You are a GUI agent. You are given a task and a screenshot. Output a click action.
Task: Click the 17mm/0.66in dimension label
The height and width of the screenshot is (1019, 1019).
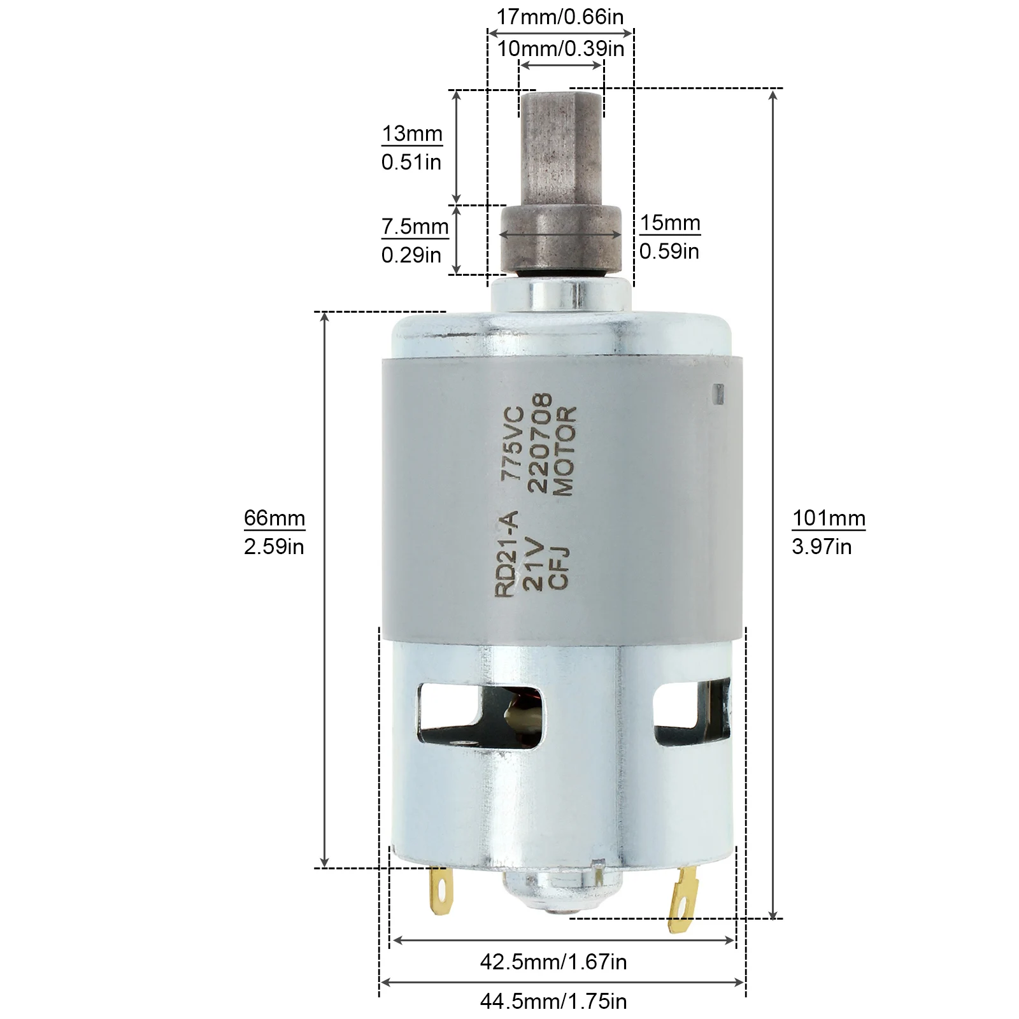560,17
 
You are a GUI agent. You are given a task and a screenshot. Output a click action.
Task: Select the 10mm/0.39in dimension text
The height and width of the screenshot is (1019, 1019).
560,48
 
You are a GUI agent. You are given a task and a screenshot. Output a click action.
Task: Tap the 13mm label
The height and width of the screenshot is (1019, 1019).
412,134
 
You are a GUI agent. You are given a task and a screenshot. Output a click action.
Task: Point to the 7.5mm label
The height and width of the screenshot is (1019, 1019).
415,227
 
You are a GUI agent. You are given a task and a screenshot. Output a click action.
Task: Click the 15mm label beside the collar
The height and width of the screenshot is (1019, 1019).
670,224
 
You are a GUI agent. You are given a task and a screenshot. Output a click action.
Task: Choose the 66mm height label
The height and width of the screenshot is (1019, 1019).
274,518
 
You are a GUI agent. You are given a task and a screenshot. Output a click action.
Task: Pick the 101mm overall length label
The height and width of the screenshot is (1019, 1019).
829,518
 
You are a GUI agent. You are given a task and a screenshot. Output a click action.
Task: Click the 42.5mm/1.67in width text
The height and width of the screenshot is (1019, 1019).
553,962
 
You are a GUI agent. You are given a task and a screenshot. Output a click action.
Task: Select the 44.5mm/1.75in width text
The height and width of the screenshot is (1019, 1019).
553,1002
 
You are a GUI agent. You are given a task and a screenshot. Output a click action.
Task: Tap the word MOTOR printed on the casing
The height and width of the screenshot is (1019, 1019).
564,452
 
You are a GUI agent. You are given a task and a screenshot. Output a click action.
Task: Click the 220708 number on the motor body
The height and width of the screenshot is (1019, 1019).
538,444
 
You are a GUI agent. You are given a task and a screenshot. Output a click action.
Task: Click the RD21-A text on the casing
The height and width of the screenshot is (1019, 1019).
508,553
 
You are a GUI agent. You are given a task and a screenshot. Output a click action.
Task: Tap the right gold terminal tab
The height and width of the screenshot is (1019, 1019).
683,898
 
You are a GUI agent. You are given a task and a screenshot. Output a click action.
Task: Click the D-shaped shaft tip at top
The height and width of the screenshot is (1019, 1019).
560,146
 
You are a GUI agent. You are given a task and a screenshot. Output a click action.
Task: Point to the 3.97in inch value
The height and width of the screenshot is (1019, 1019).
822,547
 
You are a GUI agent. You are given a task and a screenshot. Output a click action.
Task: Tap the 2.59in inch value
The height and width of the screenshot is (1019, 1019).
274,547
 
